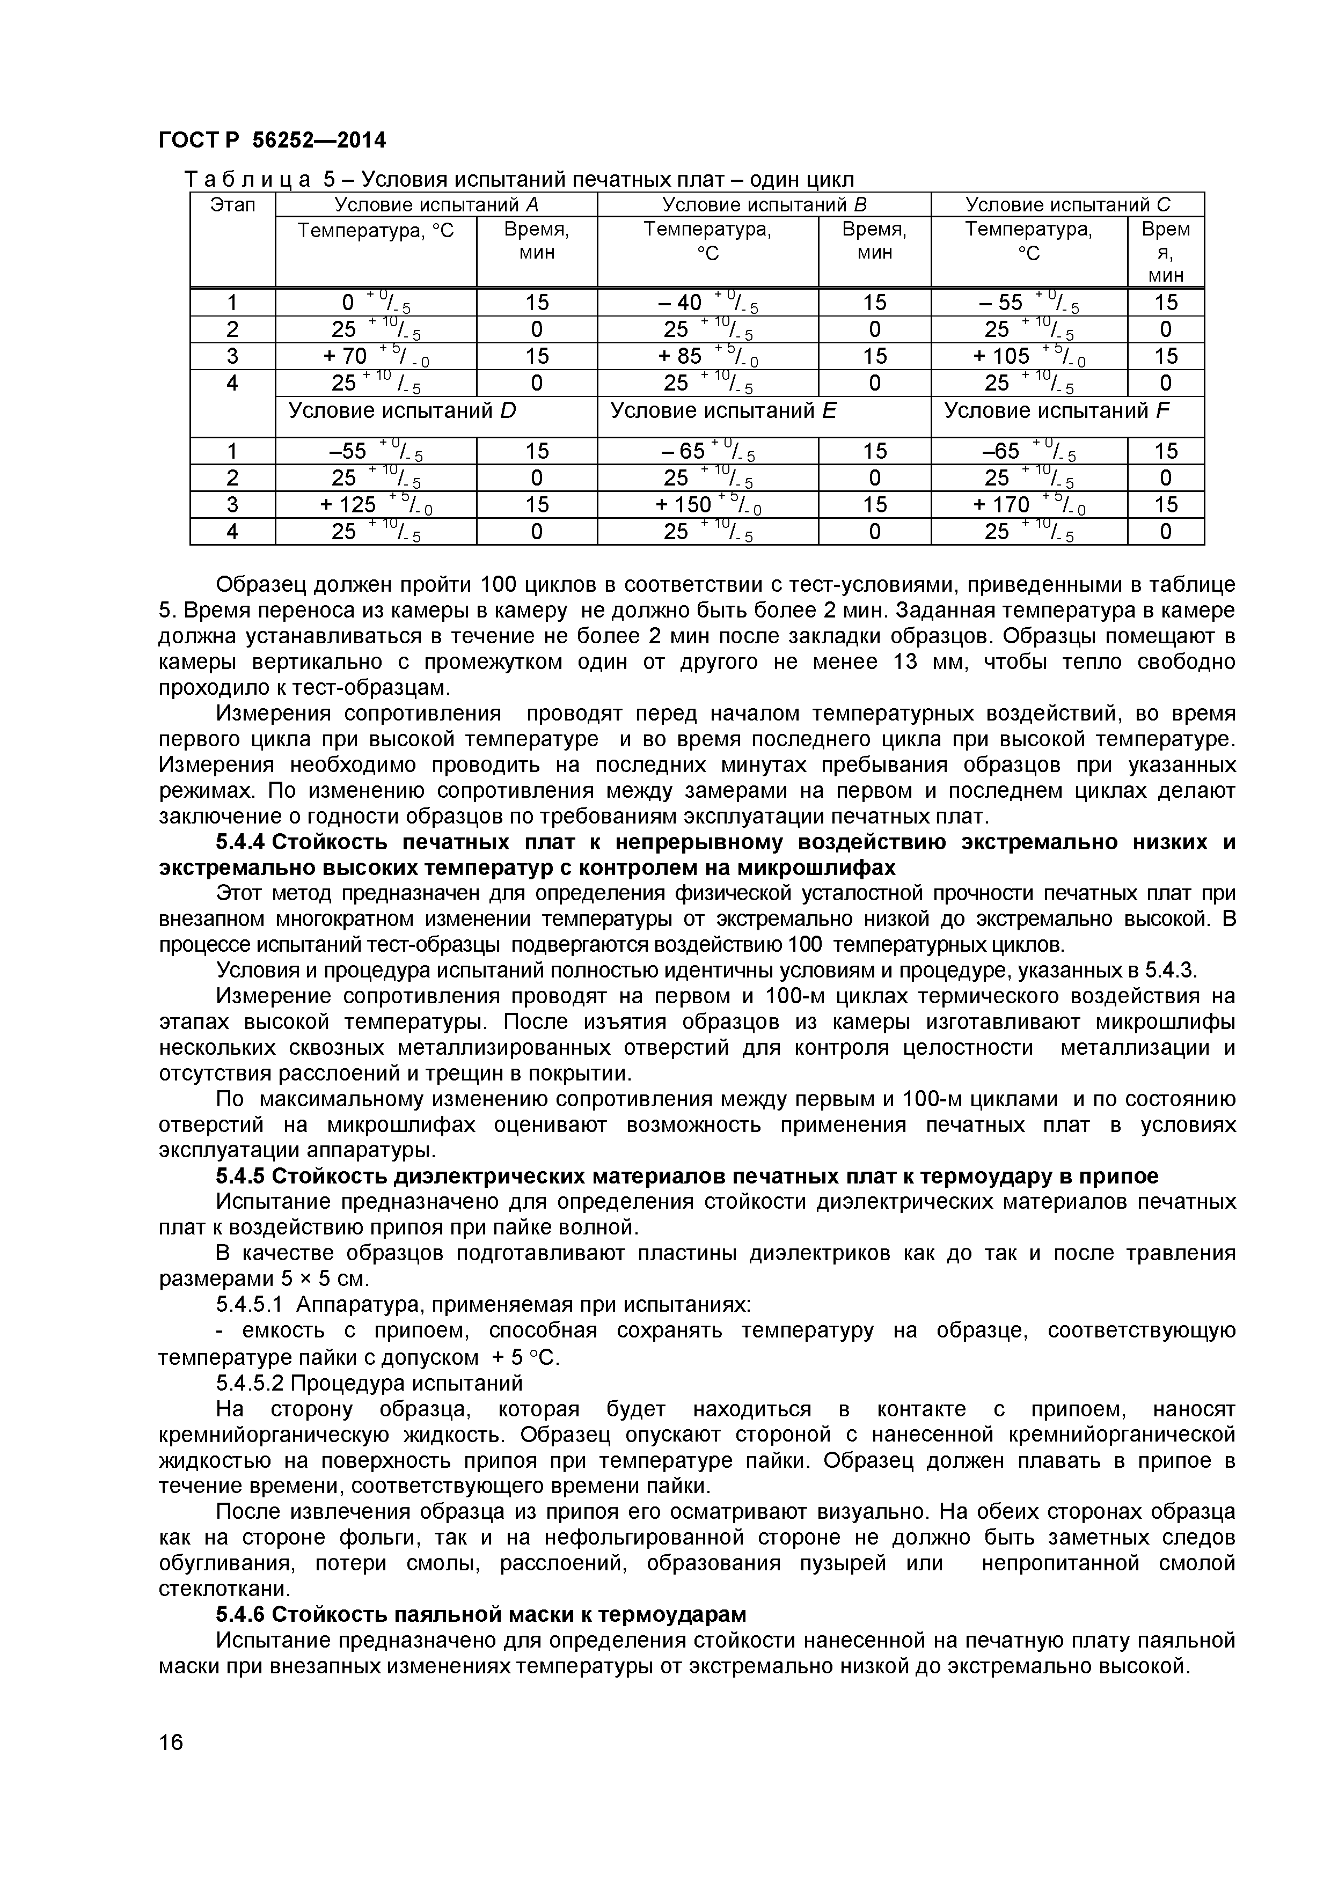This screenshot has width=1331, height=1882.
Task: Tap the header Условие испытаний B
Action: pyautogui.click(x=764, y=205)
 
